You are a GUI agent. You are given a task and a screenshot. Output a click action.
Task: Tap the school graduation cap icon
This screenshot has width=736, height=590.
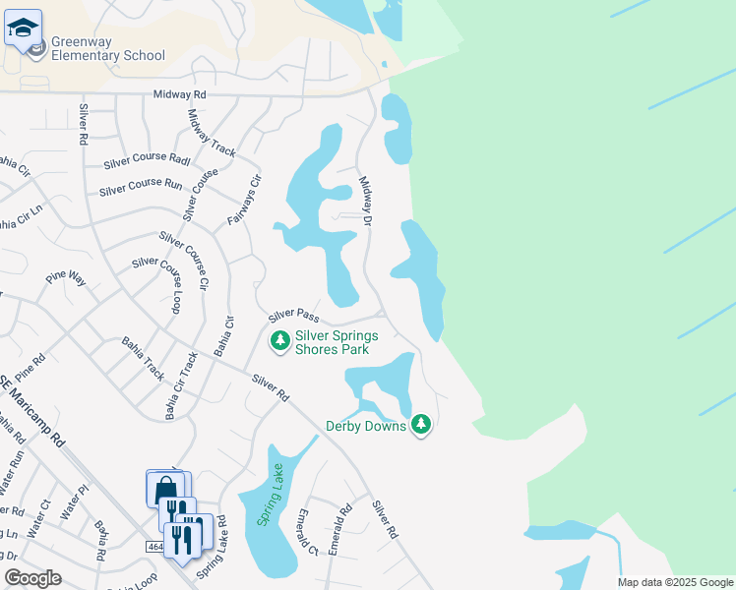coord(23,29)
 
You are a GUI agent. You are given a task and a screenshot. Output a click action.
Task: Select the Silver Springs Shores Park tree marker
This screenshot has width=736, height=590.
coord(280,341)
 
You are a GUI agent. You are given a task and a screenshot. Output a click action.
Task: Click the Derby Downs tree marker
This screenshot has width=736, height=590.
coord(422,425)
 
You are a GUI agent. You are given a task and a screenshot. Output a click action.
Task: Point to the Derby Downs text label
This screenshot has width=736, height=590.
coord(366,426)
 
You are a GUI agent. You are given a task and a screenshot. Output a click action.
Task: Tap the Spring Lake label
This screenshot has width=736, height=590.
coord(266,495)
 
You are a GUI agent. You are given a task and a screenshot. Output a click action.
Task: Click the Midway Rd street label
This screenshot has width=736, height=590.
coord(180,94)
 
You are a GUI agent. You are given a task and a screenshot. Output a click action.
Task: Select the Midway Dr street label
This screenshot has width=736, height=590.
coord(365,202)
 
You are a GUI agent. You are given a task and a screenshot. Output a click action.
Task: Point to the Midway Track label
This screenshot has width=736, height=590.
coord(212,134)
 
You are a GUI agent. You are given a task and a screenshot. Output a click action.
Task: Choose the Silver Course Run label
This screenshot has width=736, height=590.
coord(141,185)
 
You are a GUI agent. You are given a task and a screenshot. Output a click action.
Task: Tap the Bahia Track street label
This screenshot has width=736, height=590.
coord(143,358)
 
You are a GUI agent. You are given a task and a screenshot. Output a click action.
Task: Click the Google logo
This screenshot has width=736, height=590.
coord(32,578)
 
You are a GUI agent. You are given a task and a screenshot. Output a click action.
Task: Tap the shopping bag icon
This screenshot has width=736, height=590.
coord(166,489)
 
